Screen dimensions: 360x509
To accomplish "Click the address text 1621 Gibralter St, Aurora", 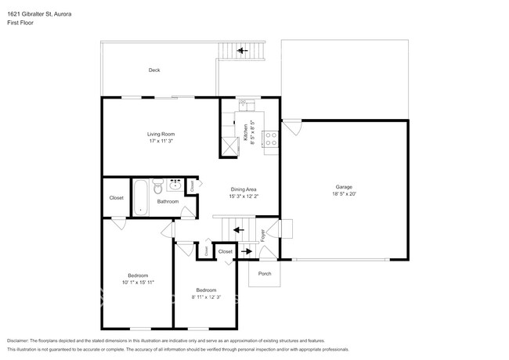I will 38,13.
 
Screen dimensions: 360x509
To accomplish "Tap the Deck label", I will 154,70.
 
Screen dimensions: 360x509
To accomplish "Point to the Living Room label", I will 160,134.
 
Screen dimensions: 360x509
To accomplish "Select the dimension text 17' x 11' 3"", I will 160,142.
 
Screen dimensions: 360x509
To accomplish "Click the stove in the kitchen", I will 271,139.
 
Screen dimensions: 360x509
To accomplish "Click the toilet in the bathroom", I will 157,188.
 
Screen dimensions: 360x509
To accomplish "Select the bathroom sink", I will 175,186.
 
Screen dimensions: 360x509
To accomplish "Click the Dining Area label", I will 243,189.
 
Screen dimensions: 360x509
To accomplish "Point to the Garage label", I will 344,186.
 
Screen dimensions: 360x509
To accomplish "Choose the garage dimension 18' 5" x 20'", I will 344,194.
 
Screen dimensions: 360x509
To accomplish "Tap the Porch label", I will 264,274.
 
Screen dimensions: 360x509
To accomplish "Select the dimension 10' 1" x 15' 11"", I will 138,282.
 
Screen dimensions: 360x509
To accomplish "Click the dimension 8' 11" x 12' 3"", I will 206,297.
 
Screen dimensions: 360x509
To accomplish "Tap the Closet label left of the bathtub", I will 116,197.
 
